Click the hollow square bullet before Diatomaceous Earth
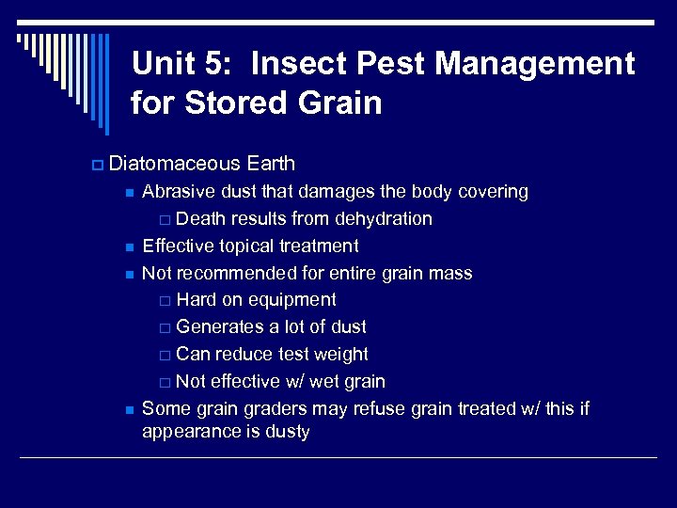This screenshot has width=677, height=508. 97,165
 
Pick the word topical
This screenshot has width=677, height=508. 247,246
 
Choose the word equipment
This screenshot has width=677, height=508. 293,301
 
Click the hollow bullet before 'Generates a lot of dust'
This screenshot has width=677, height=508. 165,328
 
